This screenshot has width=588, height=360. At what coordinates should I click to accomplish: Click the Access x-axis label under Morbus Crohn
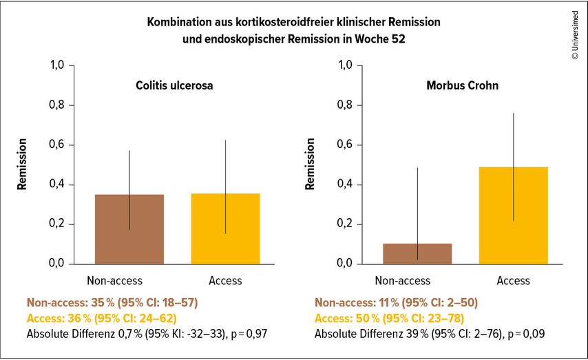coord(514,280)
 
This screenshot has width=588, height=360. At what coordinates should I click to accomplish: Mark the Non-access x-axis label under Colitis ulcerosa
coord(114,280)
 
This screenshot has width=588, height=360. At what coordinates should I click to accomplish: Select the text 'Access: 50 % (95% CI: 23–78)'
coord(389,318)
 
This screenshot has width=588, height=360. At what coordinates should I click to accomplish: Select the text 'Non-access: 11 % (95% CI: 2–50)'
coord(396,302)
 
